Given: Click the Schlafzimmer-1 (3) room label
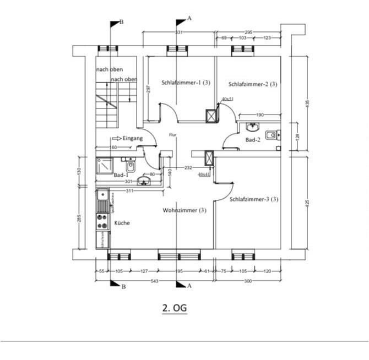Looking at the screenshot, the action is [x=186, y=83].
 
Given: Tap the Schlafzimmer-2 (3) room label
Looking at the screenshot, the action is [x=252, y=84].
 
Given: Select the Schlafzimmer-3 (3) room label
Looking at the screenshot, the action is [x=254, y=199].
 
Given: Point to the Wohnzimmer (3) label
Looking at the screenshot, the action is [x=184, y=210].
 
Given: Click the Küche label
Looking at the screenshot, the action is [x=122, y=223].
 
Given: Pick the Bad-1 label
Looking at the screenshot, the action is [x=121, y=175].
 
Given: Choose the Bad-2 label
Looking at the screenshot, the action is [x=253, y=140].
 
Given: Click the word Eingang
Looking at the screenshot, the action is [x=133, y=138].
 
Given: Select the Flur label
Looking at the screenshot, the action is [x=173, y=134].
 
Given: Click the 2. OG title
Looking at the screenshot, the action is [x=175, y=308].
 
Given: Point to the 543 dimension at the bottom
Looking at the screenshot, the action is [x=154, y=281].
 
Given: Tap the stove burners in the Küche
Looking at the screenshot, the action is [x=102, y=221].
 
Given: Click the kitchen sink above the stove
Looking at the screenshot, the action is [x=102, y=196].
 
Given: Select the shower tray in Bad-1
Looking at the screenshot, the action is [x=105, y=166].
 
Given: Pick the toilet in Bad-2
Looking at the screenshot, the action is [x=271, y=135].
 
